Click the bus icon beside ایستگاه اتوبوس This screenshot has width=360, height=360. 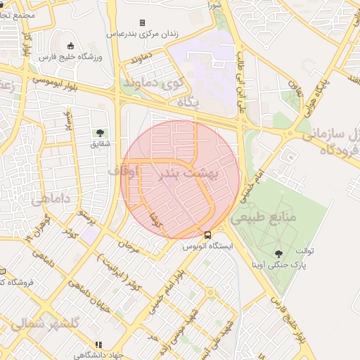[207, 235]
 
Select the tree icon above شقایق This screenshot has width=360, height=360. [100, 132]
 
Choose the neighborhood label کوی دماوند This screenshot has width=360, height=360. [153, 83]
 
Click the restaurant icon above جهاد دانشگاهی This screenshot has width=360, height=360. [98, 345]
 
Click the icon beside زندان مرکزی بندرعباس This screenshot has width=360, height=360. [143, 22]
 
